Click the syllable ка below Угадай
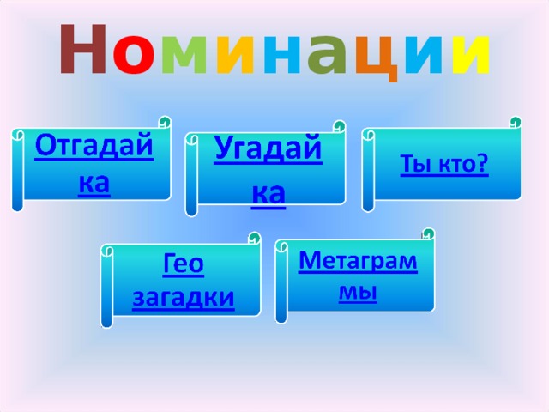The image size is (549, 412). [x=268, y=194]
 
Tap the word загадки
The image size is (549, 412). [x=183, y=297]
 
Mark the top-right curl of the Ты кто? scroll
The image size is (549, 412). [x=515, y=123]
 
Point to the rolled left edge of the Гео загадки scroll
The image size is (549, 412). [x=107, y=288]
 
